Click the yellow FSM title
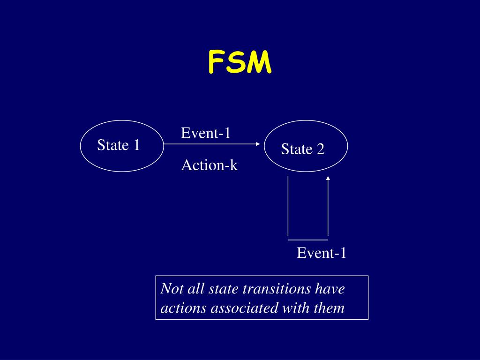tap(240, 63)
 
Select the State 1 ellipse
tap(122, 146)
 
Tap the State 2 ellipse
tap(306, 146)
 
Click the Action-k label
tap(210, 165)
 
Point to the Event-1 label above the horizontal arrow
tap(206, 134)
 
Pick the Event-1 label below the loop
tap(322, 254)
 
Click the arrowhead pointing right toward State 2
tap(257, 144)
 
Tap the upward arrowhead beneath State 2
tap(328, 178)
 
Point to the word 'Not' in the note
tap(172, 289)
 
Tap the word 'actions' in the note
tap(183, 308)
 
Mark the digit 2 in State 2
tap(321, 150)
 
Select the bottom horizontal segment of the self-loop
tap(307, 240)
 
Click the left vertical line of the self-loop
tap(288, 206)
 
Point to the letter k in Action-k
tap(233, 165)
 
